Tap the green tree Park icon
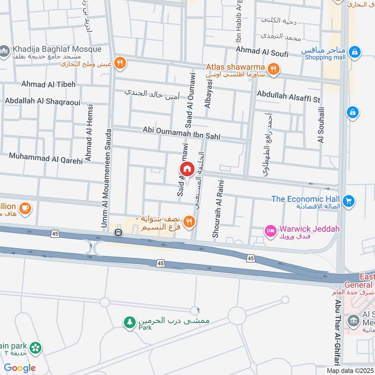[x=129, y=322]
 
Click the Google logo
[x=20, y=368]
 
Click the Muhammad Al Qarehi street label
[x=45, y=158]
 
